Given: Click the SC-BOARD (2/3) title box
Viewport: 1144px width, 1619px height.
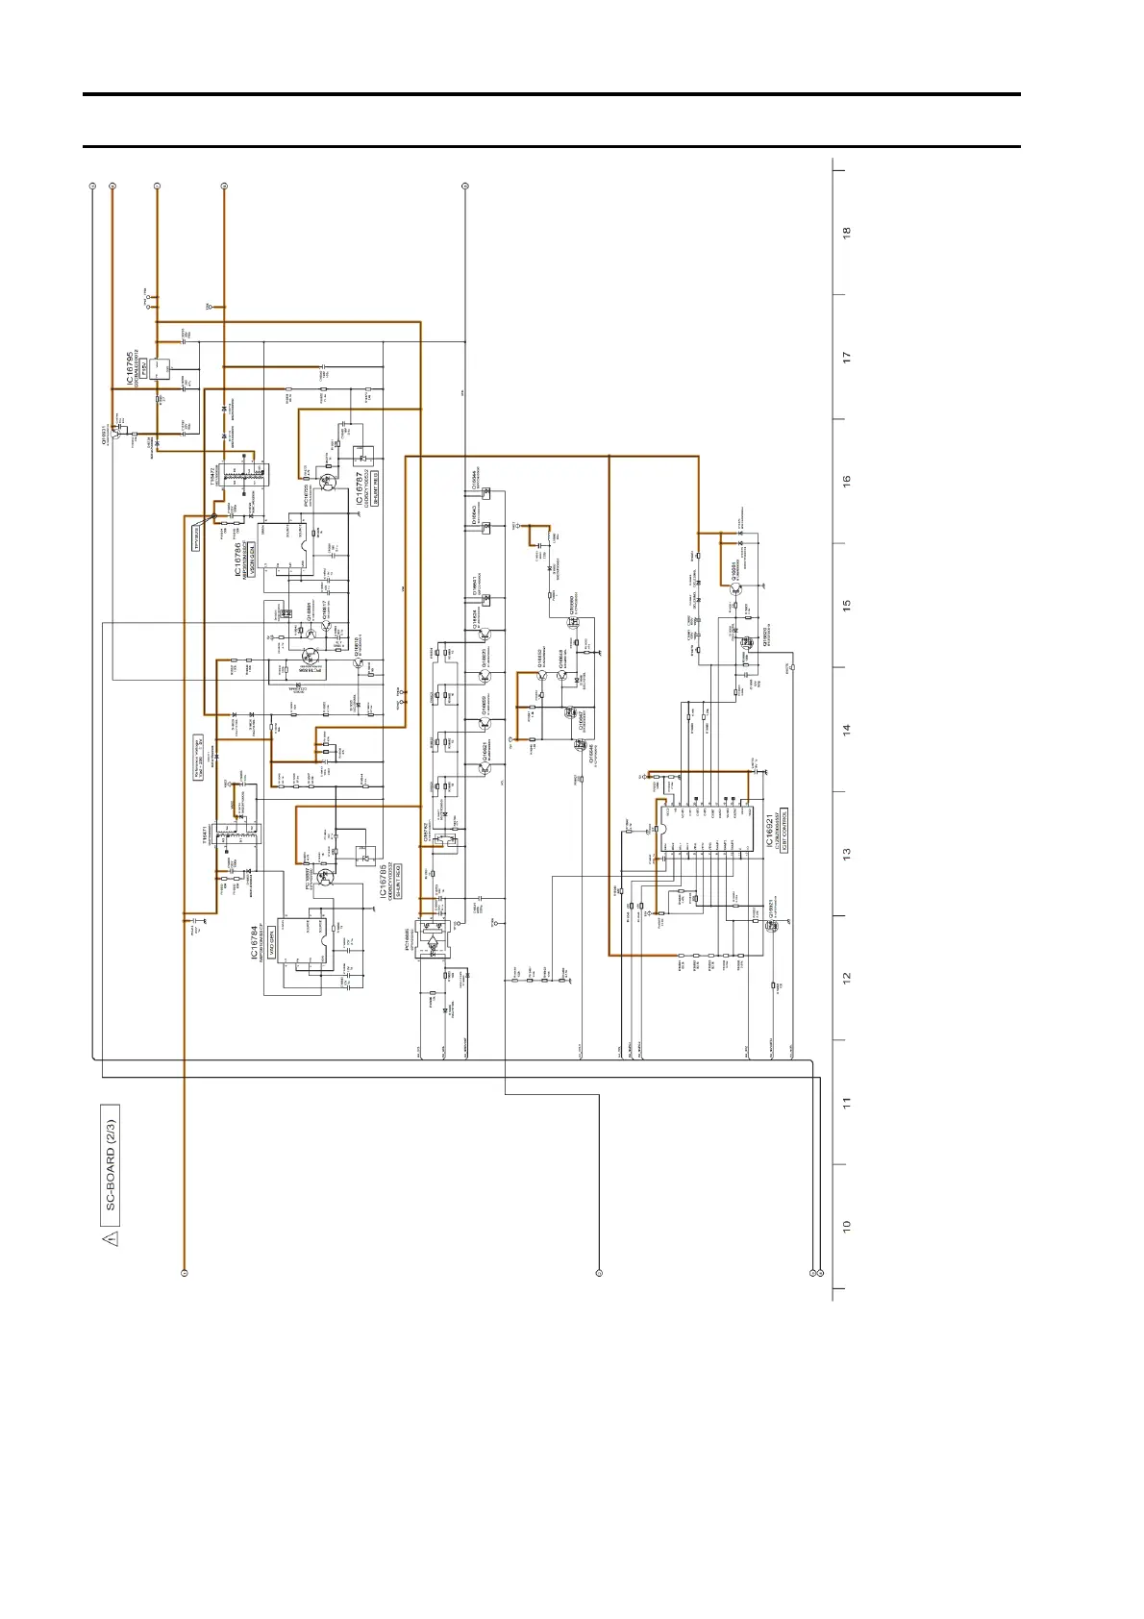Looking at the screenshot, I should [111, 1166].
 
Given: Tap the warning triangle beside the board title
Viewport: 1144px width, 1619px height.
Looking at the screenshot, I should [111, 1238].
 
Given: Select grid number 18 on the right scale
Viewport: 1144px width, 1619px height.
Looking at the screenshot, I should [847, 233].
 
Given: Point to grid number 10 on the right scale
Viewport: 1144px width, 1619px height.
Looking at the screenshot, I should [847, 1227].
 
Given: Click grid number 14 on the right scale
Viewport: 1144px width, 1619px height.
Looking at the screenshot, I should [847, 730].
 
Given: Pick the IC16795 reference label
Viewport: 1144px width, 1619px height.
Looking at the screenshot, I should [130, 370].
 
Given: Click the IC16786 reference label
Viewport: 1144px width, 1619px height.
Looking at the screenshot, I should [237, 560].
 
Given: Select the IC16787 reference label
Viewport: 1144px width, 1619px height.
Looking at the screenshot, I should [360, 489].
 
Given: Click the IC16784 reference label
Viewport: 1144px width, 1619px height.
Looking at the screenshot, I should [255, 943].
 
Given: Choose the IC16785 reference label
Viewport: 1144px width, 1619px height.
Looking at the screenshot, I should [383, 881].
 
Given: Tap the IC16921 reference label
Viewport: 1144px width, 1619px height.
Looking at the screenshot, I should [770, 832].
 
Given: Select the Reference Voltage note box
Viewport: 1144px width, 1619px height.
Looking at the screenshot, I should [199, 758].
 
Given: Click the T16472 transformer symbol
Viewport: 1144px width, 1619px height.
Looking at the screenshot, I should [240, 473].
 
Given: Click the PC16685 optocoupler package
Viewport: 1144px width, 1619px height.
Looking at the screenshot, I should [436, 940].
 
